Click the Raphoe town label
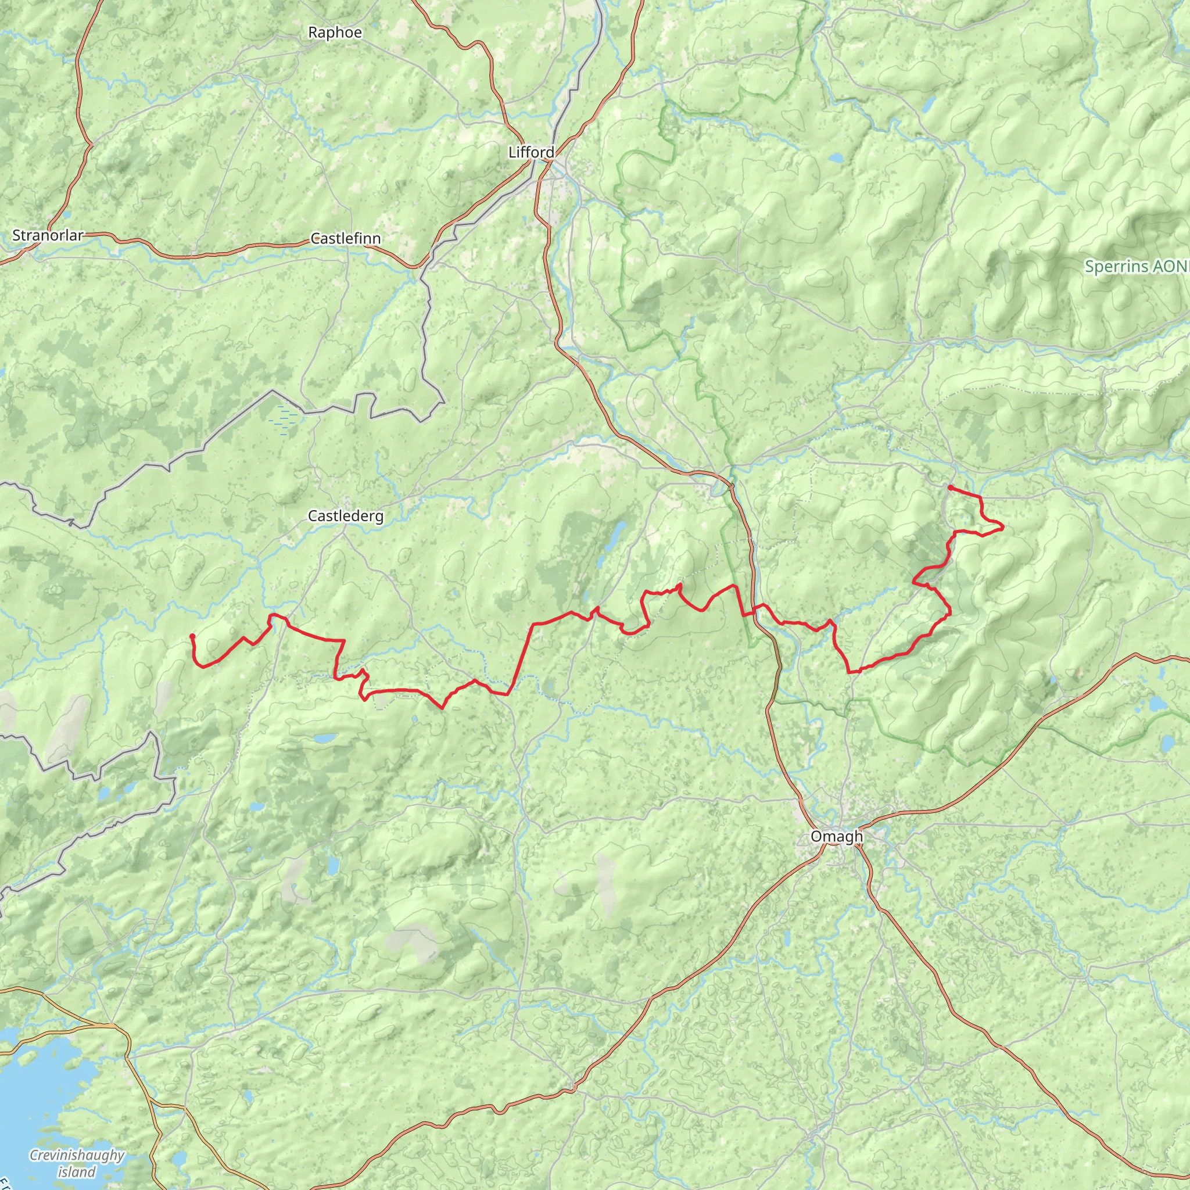(335, 33)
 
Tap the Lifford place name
(531, 152)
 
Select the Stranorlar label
(48, 235)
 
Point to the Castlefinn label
(345, 238)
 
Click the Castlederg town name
(345, 516)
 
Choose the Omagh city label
(837, 837)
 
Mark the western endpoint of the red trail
(193, 636)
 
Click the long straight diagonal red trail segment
(521, 659)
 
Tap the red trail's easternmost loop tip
(1003, 526)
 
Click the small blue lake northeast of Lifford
(835, 158)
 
